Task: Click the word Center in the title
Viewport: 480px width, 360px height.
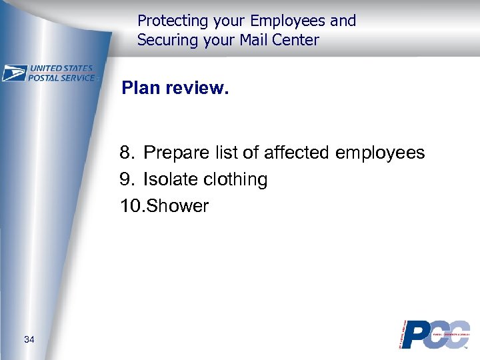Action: point(297,40)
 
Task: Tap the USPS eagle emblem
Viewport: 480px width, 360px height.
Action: point(14,73)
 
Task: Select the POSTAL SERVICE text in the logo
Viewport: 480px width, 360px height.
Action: point(63,77)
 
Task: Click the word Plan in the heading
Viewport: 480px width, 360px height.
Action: point(140,89)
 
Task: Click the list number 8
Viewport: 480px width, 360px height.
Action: point(126,153)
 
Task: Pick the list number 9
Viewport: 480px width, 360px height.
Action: point(126,179)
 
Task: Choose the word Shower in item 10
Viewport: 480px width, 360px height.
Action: point(177,206)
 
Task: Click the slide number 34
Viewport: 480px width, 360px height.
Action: point(29,340)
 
